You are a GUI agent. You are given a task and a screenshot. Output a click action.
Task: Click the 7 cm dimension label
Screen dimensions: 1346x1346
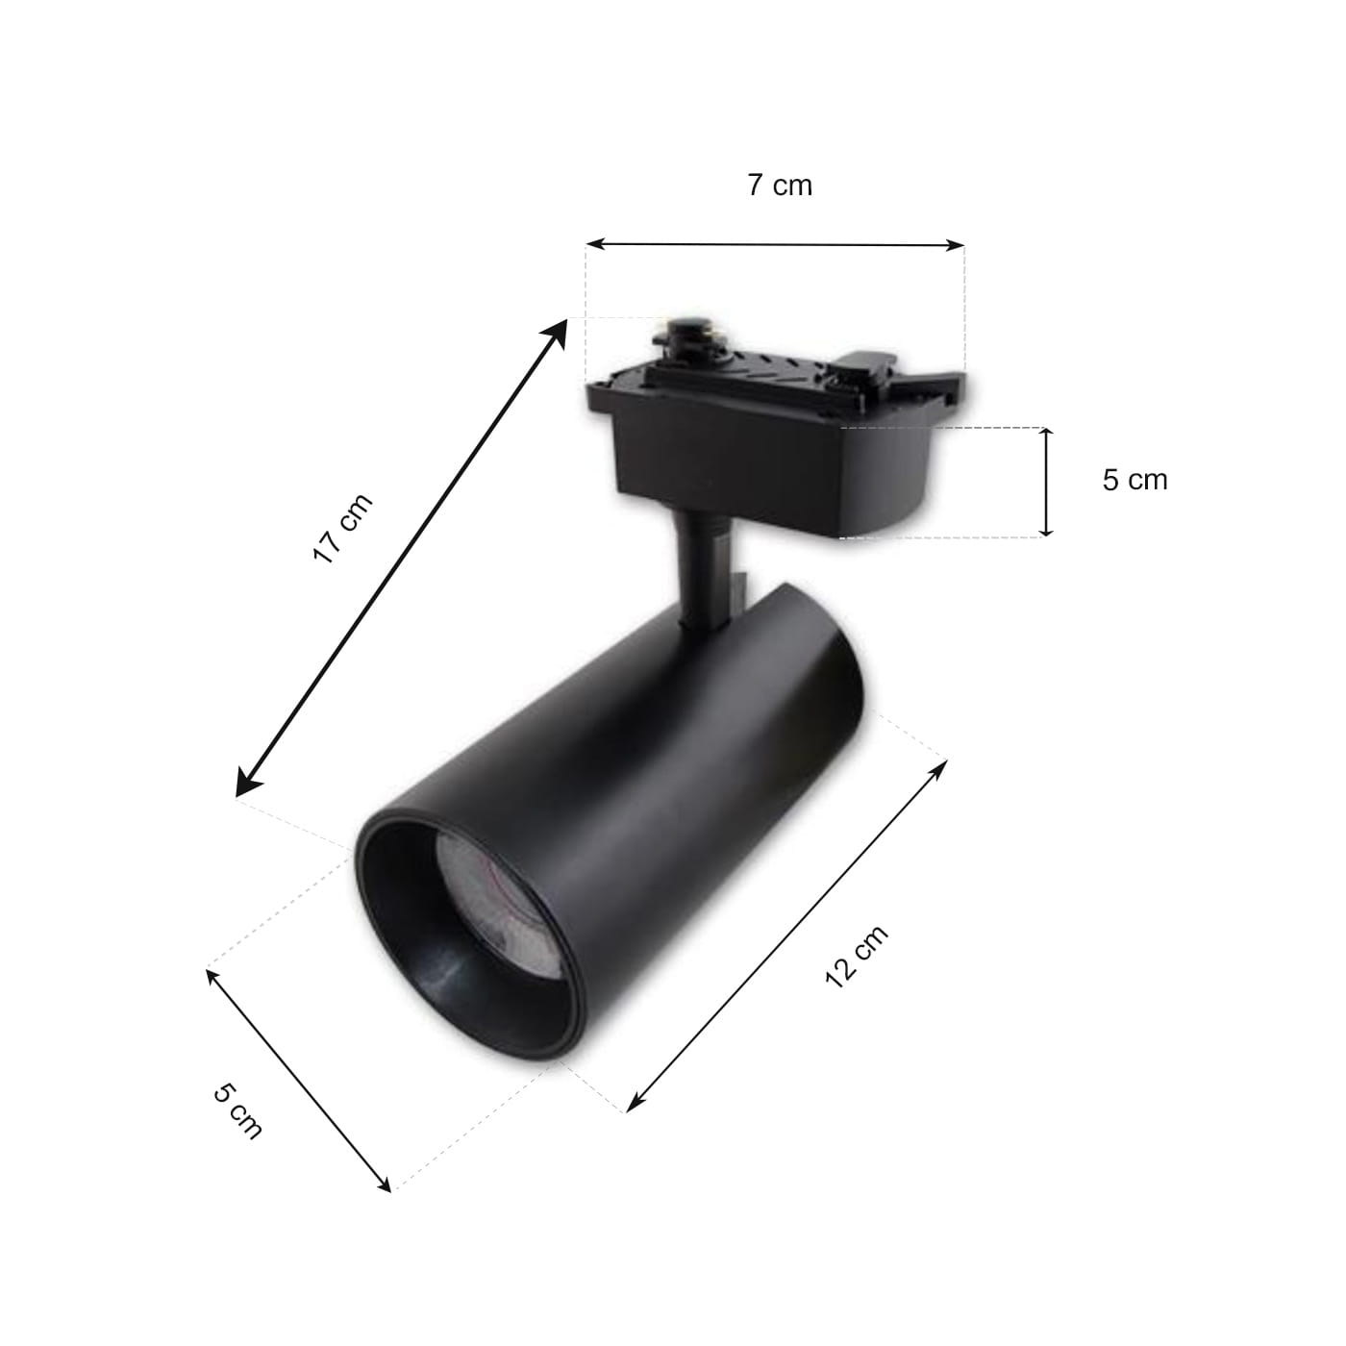pyautogui.click(x=780, y=186)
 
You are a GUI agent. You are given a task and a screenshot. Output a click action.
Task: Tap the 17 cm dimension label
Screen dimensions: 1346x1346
pyautogui.click(x=342, y=528)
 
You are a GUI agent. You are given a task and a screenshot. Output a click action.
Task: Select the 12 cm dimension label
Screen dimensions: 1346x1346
pyautogui.click(x=857, y=957)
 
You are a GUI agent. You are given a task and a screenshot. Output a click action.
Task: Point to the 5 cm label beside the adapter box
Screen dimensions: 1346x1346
pyautogui.click(x=1135, y=480)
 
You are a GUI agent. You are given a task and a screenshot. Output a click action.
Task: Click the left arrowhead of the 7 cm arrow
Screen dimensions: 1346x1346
pyautogui.click(x=594, y=244)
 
